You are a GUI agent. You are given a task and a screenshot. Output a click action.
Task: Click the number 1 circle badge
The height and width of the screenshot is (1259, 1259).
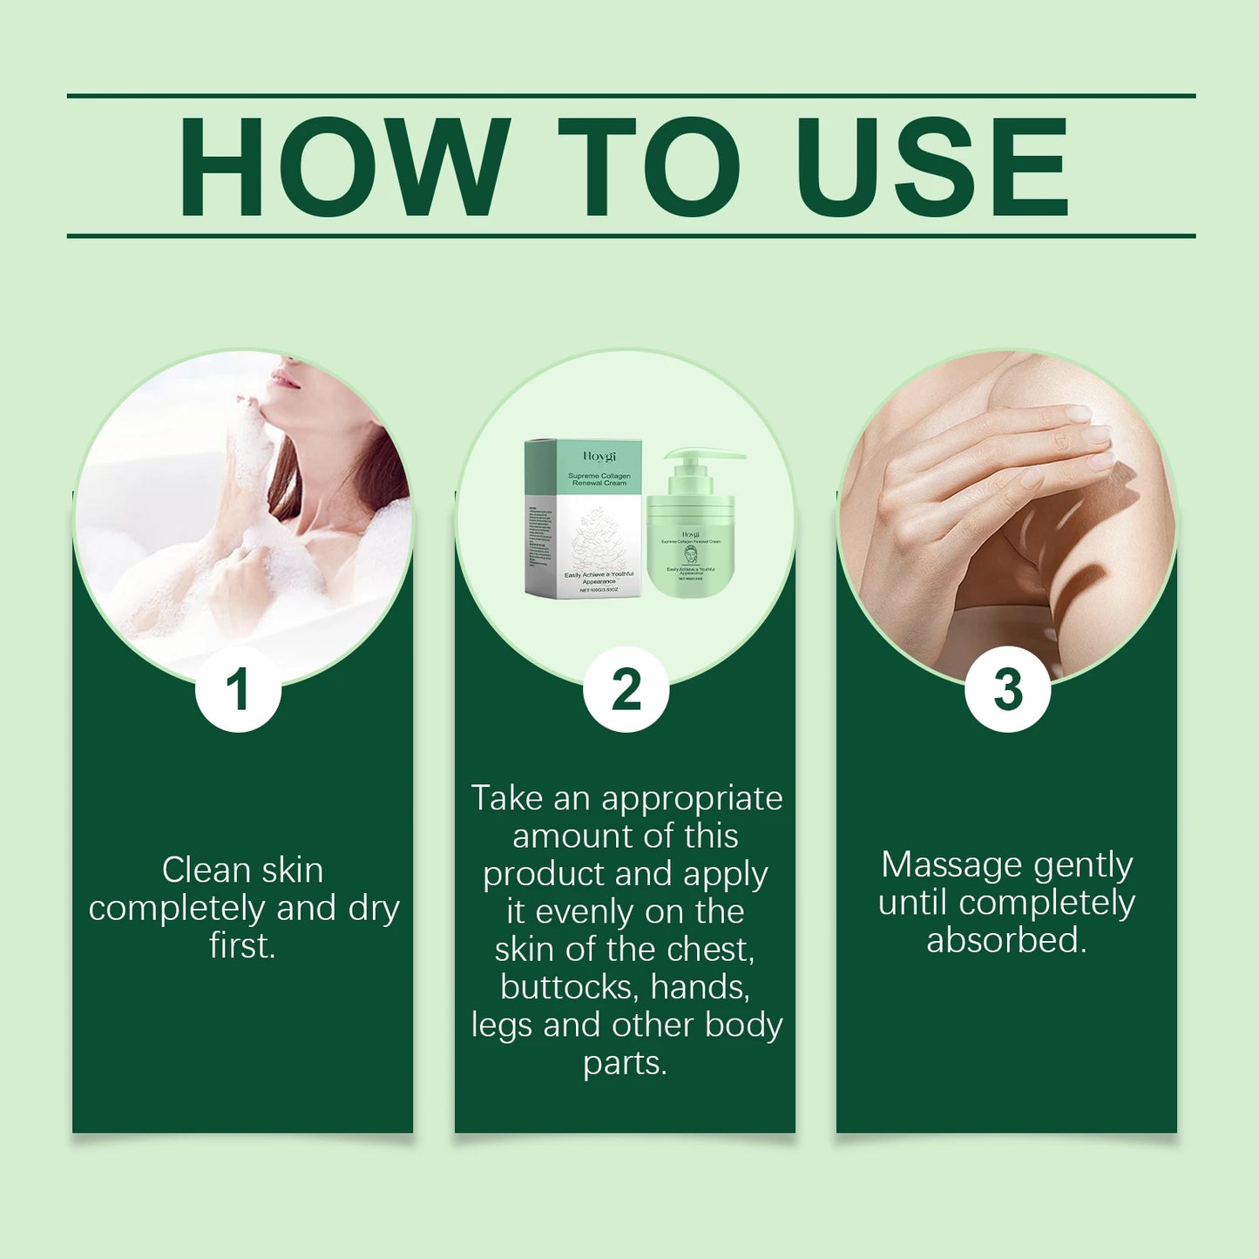[x=238, y=689]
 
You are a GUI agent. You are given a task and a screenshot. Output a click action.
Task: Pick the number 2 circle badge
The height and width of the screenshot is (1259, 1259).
[x=626, y=689]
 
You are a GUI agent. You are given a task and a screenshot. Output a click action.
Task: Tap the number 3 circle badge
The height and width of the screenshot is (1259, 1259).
[x=1007, y=689]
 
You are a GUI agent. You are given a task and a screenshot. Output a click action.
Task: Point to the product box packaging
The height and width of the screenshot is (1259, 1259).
[x=582, y=519]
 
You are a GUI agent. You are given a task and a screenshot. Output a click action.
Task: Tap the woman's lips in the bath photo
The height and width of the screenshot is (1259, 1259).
[x=285, y=379]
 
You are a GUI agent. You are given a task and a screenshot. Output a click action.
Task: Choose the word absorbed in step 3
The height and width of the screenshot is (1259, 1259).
[x=1005, y=941]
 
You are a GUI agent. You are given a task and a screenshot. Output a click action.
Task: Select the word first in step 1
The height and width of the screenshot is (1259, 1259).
[x=241, y=945]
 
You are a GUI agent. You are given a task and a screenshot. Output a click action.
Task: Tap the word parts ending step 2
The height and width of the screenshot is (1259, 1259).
[x=624, y=1064]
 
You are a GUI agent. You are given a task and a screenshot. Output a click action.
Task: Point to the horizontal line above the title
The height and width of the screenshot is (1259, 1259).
[x=631, y=95]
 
